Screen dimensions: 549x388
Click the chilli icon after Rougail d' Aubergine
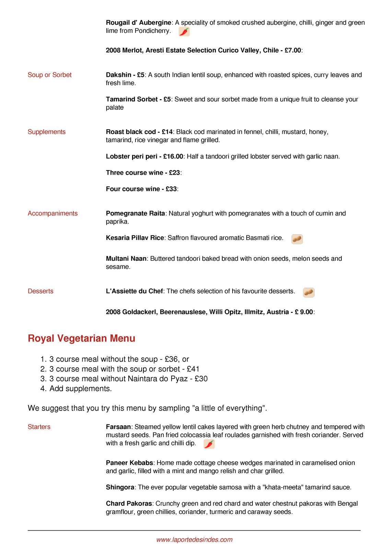184,32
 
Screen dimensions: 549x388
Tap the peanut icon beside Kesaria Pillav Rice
297,239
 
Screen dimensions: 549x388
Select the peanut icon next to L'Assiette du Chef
309,292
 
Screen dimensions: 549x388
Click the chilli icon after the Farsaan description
209,444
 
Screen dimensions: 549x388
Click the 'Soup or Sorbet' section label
49,75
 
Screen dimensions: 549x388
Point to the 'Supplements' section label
46,132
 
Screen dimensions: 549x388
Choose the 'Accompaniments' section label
52,213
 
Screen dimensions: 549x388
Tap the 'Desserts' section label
40,291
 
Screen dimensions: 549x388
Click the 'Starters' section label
39,427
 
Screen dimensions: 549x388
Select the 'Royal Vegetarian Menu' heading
81,338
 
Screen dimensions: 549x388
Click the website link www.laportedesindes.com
194,539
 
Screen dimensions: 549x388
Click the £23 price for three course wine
174,173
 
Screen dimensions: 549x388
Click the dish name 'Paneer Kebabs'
129,463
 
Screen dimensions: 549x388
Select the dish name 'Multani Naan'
126,259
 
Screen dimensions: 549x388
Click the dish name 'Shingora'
120,487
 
